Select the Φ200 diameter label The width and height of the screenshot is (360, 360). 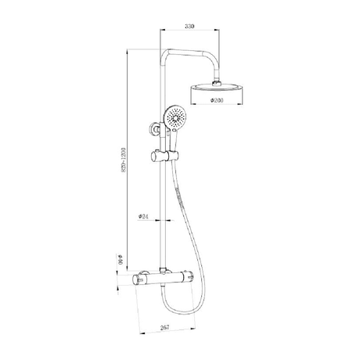pyautogui.click(x=218, y=101)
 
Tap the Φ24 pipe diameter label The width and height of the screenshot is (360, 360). pyautogui.click(x=144, y=216)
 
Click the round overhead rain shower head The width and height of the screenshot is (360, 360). pyautogui.click(x=218, y=85)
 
